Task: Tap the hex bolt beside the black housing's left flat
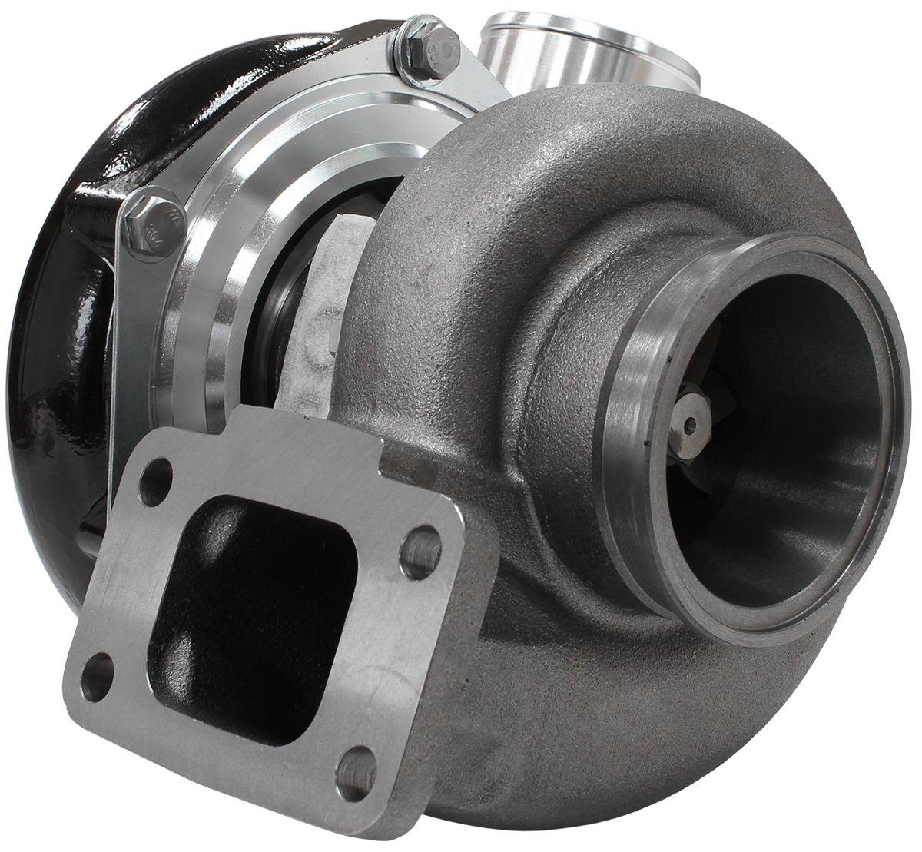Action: (154, 224)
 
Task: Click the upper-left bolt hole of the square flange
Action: (155, 480)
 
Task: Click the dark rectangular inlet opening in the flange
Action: (254, 615)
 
